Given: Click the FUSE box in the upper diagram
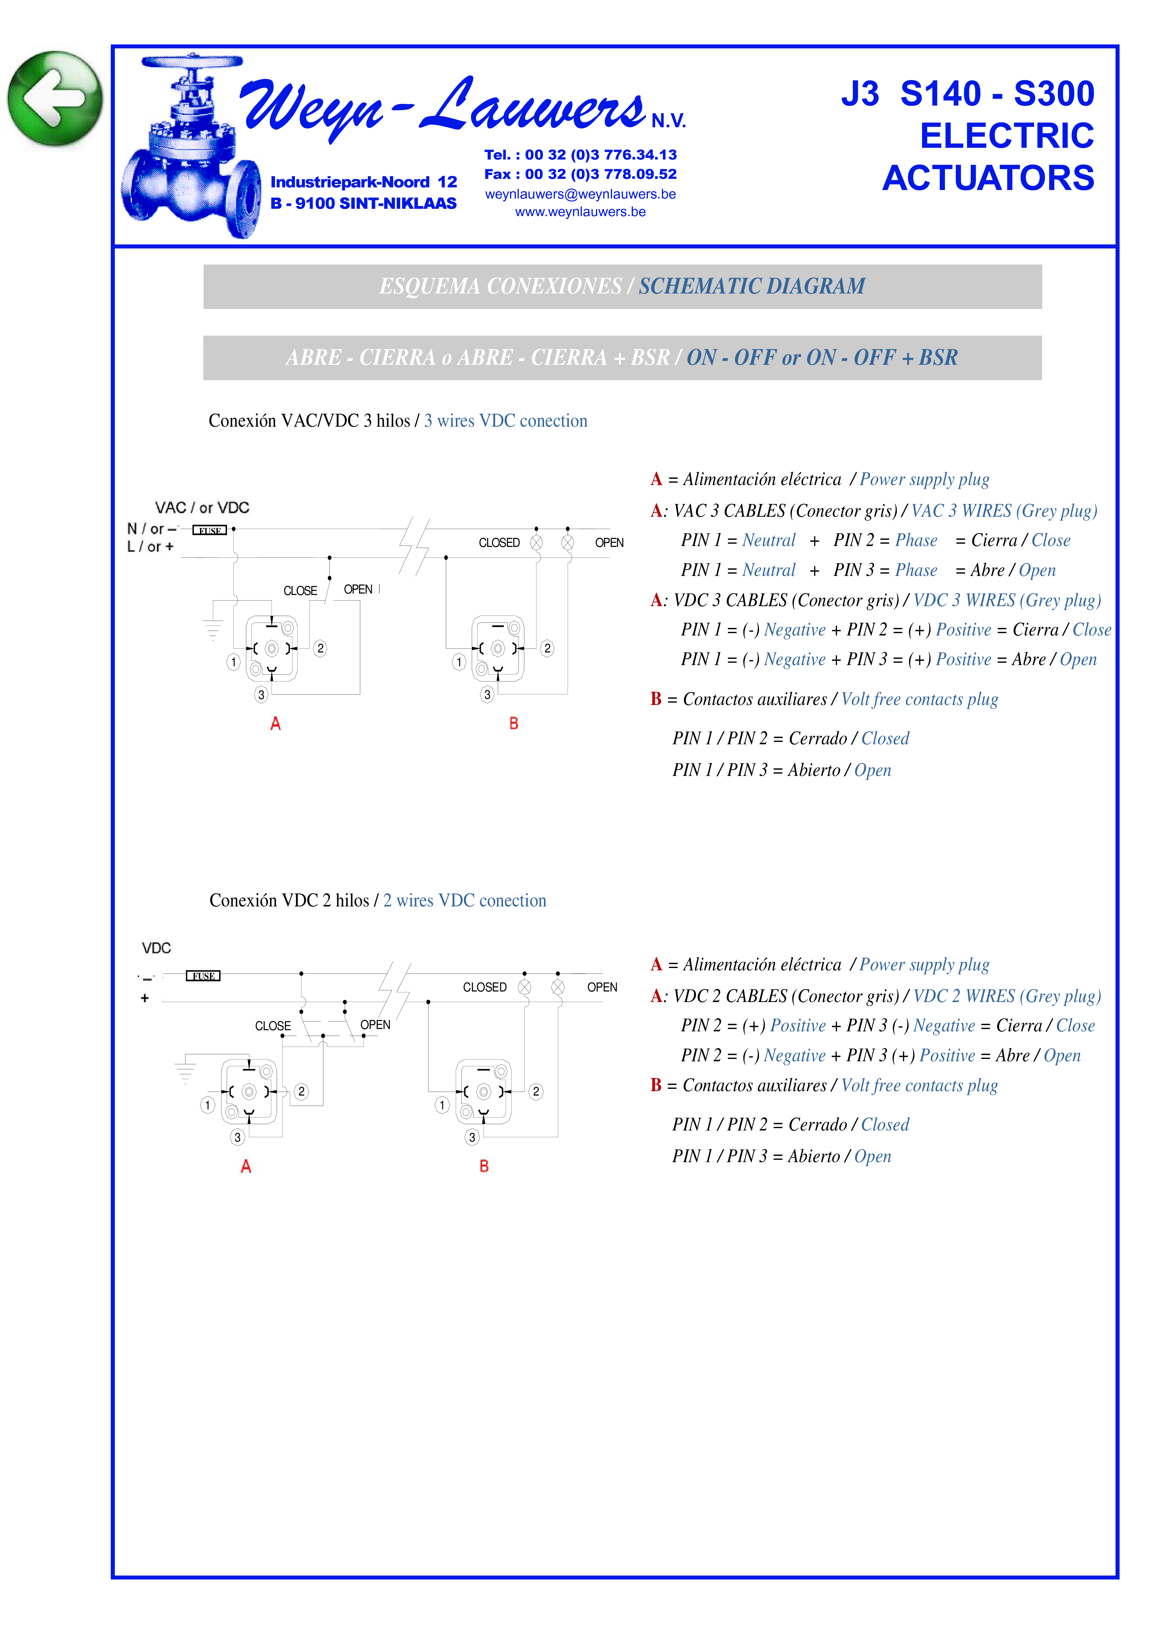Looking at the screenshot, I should pos(209,530).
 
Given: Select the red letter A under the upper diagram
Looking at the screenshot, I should pos(275,724).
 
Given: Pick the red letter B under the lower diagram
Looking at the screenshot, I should pos(484,1167).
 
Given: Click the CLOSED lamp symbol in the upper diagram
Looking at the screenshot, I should pos(536,543).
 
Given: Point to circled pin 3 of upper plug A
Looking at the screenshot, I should pos(261,695).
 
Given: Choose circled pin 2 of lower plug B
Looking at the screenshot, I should pos(536,1092).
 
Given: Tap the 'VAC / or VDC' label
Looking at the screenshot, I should pos(202,508).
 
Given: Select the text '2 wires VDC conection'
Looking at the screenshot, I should pos(465,901).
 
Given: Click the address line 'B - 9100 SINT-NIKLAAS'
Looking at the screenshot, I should pos(363,204).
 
